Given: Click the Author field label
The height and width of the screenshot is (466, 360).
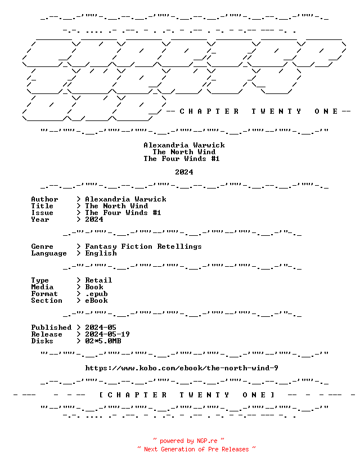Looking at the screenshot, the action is (44, 199).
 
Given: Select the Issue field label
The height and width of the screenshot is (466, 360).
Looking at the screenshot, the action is (42, 213).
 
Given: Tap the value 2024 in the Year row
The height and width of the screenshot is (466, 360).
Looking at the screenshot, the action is (94, 219).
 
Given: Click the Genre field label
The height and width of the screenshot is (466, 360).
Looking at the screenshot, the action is (42, 247).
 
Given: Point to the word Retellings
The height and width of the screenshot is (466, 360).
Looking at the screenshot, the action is (179, 247).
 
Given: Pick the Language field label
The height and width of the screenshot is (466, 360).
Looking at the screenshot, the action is (49, 253).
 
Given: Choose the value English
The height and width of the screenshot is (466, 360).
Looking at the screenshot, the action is (101, 253).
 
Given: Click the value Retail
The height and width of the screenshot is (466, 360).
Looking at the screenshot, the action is (98, 280).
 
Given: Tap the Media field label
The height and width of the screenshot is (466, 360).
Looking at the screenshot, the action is (42, 287).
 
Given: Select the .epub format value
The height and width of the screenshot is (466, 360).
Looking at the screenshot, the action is (97, 294).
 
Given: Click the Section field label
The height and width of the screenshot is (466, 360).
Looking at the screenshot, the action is (47, 301).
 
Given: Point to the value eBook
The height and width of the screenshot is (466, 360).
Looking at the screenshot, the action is (97, 301).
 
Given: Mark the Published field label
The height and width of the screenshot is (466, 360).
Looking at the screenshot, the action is (51, 328).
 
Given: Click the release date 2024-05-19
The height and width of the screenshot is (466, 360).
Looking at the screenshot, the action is (107, 334).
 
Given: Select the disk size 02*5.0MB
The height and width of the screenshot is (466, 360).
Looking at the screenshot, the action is (103, 341).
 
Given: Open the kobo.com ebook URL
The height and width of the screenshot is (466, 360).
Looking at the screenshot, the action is (182, 368).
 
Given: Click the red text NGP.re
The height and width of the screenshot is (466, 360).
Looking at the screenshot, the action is (207, 441).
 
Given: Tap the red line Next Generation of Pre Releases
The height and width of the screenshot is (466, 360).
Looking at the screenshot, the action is (196, 449).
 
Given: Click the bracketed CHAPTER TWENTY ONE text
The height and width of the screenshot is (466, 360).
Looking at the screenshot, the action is (187, 395).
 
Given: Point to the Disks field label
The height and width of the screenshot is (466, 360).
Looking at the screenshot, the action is (42, 341).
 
